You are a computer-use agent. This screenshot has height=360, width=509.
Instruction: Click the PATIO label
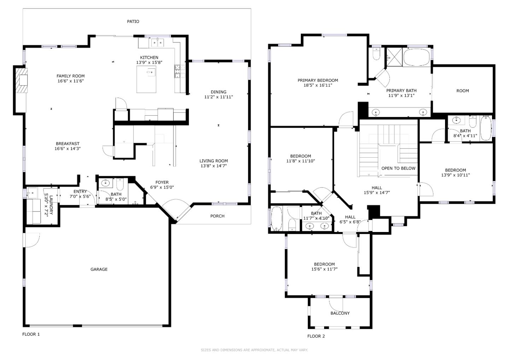[x=133, y=22]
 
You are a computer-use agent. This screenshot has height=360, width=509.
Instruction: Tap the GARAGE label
[x=99, y=269]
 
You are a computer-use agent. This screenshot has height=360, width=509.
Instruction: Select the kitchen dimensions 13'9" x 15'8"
[x=149, y=63]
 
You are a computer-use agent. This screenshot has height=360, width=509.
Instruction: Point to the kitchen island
[x=146, y=79]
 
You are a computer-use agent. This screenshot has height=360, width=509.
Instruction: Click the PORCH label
[x=217, y=216]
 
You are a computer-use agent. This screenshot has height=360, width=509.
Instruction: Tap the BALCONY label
[x=340, y=313]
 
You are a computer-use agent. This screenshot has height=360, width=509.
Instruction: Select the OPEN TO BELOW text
[x=398, y=168]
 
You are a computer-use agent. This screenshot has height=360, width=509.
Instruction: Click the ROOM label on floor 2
[x=463, y=91]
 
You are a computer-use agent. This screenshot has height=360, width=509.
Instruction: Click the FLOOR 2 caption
[x=316, y=336]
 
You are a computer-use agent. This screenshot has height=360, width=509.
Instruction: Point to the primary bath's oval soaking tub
[x=417, y=57]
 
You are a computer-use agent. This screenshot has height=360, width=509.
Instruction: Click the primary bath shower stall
[x=394, y=57]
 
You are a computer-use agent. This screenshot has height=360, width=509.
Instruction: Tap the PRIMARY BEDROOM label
[x=318, y=81]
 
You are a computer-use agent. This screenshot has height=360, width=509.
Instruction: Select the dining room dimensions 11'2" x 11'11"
[x=218, y=97]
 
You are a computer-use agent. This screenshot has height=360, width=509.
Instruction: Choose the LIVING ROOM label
[x=213, y=161]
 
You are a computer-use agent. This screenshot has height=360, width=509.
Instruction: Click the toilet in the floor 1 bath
[x=120, y=185]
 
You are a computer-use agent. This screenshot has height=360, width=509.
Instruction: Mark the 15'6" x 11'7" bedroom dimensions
[x=324, y=269]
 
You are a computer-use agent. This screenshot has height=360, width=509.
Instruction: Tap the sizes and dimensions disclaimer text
[x=254, y=350]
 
